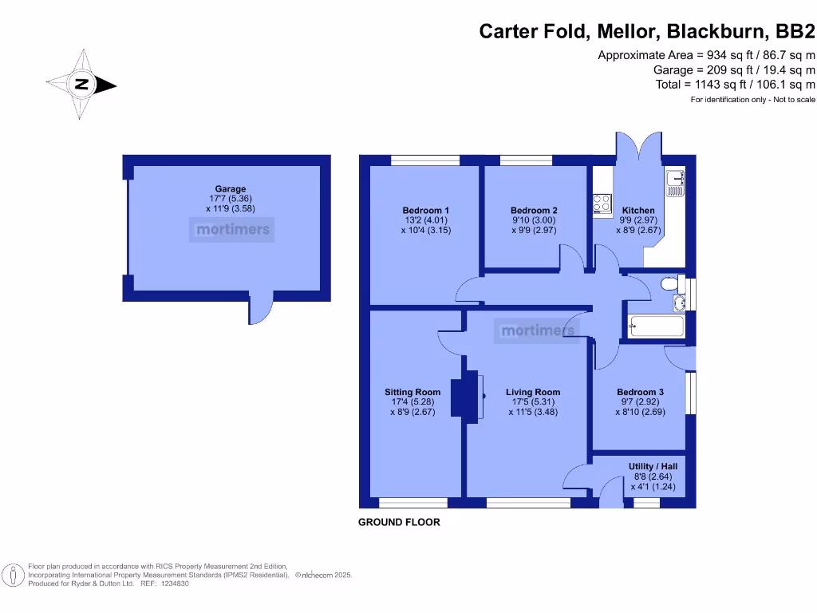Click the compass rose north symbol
point(81,85)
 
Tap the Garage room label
point(230,189)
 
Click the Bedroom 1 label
point(426,211)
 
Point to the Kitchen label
point(638,211)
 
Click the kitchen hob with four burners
point(602,204)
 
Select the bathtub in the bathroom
point(656,326)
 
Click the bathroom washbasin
point(679,303)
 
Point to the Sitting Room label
point(412,392)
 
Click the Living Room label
point(533,392)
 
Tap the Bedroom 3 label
point(640,392)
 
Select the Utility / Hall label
point(652,466)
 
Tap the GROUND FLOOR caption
point(399,523)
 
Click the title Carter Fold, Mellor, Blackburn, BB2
point(646,32)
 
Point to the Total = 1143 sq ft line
point(735,84)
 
